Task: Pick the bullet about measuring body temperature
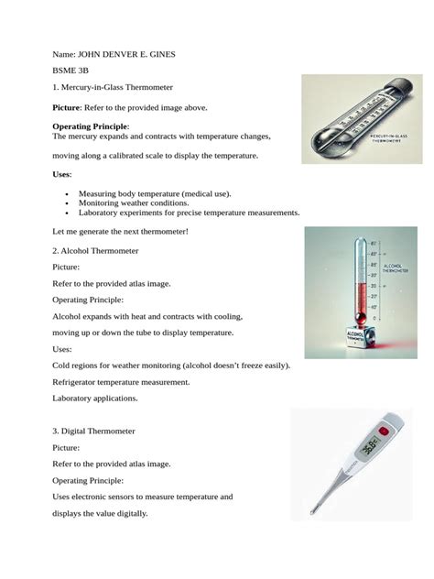pos(154,194)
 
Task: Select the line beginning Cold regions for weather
pos(171,365)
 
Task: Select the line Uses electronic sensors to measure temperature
pos(142,497)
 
